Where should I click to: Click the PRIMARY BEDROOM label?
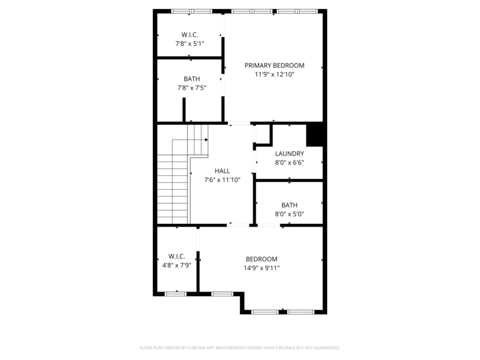(x=274, y=65)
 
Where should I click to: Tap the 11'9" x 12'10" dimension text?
(x=274, y=75)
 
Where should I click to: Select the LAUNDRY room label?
(x=289, y=154)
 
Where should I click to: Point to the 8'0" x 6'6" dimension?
(x=289, y=163)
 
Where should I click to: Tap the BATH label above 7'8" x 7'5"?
(x=192, y=79)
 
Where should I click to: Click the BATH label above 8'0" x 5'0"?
(x=289, y=205)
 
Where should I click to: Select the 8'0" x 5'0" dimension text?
(x=289, y=214)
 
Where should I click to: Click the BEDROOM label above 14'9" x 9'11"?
(x=262, y=259)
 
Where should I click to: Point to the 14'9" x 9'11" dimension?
(x=262, y=268)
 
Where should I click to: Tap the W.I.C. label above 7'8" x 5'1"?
(x=190, y=34)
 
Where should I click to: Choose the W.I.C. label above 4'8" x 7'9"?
(x=176, y=256)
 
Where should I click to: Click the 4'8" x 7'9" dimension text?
(x=176, y=265)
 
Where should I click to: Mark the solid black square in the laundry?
(x=316, y=134)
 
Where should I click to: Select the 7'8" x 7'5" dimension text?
(x=192, y=88)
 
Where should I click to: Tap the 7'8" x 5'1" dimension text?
(x=190, y=44)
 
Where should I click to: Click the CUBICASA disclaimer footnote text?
(x=240, y=347)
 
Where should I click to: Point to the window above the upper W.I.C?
(x=191, y=11)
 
